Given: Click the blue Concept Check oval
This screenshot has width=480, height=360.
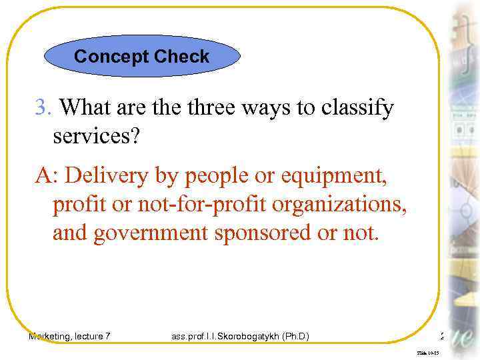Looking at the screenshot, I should [141, 57].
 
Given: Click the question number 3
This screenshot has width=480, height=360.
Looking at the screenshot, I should [42, 107].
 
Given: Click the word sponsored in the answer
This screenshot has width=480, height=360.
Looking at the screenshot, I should [264, 235].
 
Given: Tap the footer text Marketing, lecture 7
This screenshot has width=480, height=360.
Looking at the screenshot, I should [69, 336].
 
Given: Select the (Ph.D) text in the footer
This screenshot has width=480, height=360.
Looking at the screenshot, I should [296, 336].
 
